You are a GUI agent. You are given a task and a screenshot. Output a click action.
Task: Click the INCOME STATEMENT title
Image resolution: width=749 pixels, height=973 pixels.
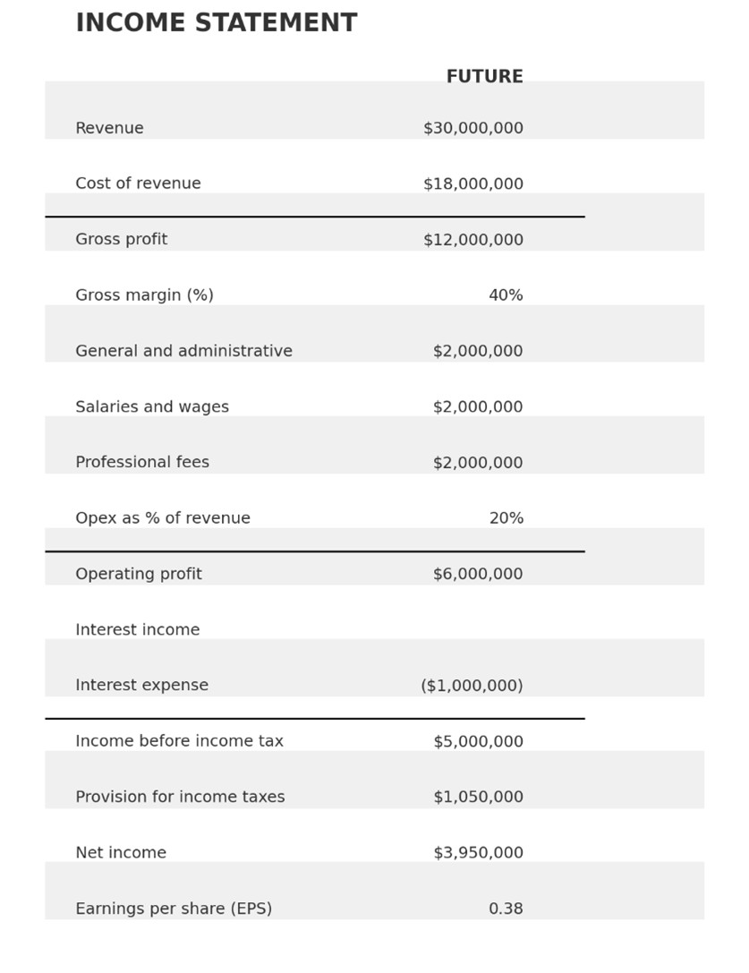point(216,24)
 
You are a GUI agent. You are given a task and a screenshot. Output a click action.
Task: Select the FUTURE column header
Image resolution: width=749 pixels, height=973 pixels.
point(484,77)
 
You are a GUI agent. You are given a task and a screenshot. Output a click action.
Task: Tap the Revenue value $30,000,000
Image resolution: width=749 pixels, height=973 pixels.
point(472,129)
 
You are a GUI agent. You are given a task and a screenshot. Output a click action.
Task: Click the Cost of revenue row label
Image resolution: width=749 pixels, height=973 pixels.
point(138,184)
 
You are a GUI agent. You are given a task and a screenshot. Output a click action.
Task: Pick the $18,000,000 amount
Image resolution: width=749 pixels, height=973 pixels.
point(472,184)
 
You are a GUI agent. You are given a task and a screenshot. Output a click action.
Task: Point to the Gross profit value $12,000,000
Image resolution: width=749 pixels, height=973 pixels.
point(472,240)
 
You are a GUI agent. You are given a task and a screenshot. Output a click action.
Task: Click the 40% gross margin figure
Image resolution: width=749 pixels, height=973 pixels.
point(506,295)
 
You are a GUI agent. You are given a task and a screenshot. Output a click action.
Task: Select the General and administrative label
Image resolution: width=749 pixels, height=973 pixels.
point(183,352)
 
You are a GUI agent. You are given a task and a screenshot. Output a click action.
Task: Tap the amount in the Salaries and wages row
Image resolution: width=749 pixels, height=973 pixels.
point(478,407)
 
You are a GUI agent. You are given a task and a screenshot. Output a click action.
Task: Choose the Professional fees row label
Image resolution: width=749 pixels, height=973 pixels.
point(142,463)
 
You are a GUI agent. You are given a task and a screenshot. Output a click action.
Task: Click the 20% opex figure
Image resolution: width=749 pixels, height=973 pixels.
point(506,519)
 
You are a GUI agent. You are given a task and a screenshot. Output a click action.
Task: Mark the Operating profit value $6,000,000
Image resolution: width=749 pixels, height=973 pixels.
point(478,575)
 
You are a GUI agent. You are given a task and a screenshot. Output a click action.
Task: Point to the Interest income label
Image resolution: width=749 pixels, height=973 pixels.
point(138,630)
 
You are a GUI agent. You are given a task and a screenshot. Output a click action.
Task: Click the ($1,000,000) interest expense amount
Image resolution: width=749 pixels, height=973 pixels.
point(472,686)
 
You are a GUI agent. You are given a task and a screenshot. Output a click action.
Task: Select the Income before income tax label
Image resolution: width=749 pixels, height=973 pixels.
point(179,742)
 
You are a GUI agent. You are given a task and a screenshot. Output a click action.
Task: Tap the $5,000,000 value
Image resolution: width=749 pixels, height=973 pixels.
point(478,742)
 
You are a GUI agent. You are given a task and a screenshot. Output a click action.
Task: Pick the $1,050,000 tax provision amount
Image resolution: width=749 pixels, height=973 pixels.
point(478,798)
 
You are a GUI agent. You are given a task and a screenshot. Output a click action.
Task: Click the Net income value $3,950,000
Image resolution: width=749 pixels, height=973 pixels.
point(478,853)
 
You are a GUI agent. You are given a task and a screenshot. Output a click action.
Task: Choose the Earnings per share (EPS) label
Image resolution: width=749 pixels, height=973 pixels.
point(174,909)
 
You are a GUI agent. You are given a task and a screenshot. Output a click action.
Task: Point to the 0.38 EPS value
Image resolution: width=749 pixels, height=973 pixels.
point(506,909)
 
